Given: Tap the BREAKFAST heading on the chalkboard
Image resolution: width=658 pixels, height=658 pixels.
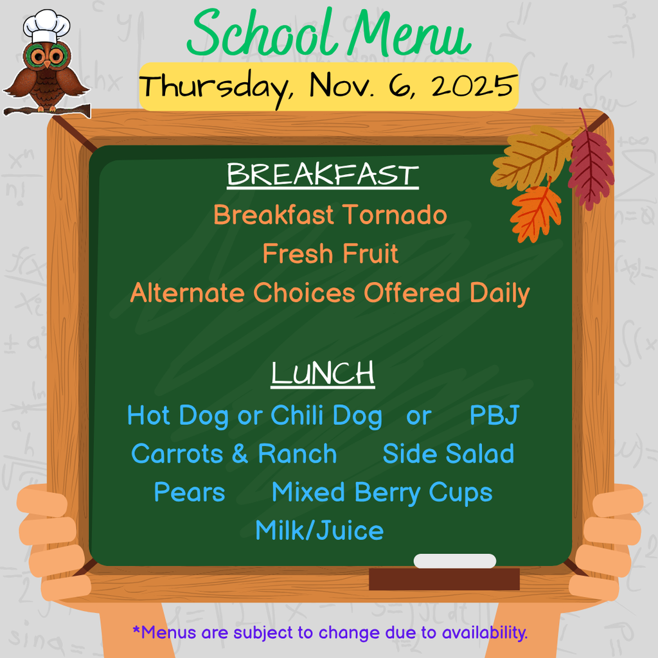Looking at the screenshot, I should click(x=323, y=175).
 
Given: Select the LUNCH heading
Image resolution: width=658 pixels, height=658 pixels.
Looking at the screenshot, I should click(x=323, y=374).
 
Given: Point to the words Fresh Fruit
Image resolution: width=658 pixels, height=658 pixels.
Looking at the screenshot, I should click(x=330, y=254).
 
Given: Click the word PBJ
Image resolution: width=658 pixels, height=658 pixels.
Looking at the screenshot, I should click(x=493, y=416).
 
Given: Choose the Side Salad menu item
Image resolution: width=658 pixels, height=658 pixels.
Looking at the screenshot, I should click(x=448, y=454).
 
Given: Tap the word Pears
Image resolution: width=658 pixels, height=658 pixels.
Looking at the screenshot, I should click(x=190, y=493).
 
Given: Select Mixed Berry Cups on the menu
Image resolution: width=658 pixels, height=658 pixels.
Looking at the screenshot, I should click(x=382, y=493).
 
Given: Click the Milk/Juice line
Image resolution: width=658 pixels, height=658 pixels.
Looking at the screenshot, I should click(x=319, y=531).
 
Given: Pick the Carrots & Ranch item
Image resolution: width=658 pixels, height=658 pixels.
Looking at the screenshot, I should click(x=234, y=454).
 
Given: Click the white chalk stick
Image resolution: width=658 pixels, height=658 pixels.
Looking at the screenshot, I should click(x=455, y=561).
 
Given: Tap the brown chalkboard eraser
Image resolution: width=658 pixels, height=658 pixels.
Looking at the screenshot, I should click(x=444, y=579).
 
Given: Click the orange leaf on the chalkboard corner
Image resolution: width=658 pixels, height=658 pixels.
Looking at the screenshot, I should click(x=535, y=213).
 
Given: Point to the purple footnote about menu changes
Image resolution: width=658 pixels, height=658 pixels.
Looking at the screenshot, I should click(x=330, y=633).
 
